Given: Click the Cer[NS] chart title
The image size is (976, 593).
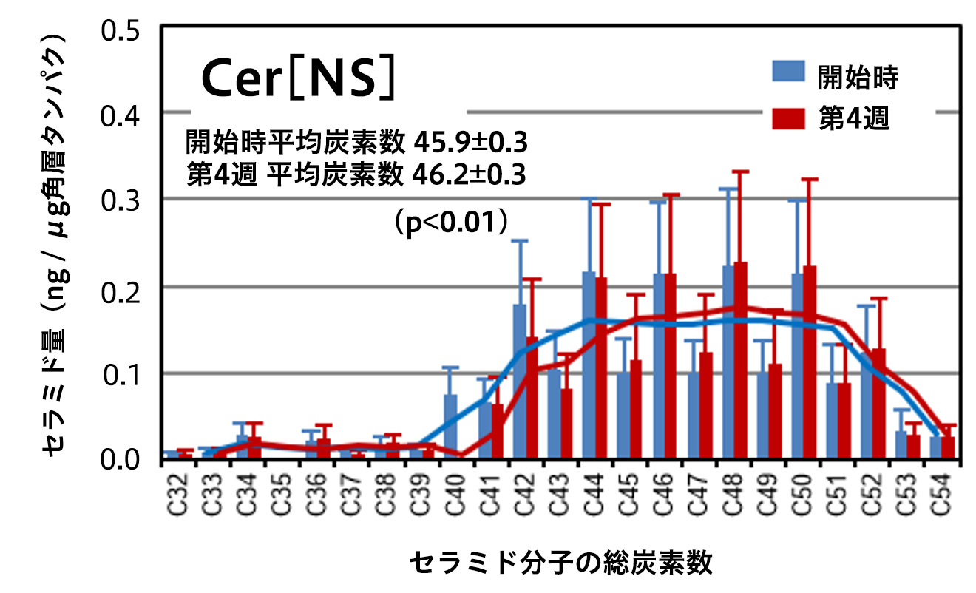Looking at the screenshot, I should [x=299, y=79].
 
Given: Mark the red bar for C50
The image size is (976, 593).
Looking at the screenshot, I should [x=810, y=362].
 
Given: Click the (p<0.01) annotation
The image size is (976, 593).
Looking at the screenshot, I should [x=451, y=222].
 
